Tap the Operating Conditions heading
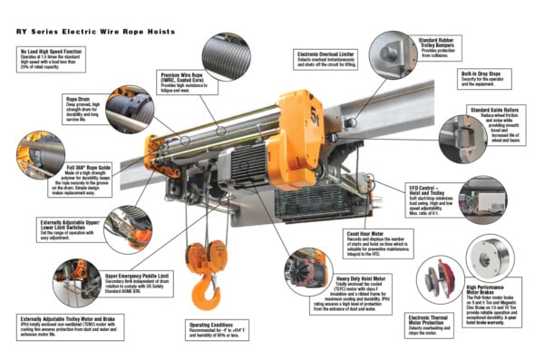tap(215, 323)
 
